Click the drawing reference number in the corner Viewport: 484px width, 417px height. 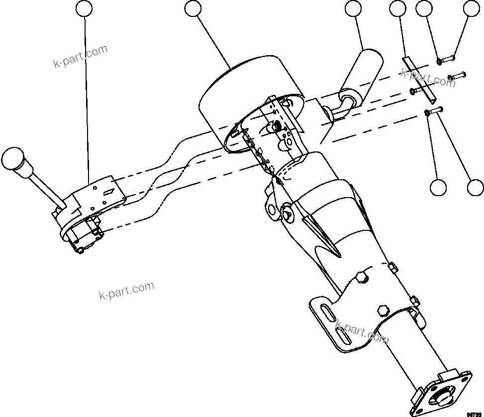click(x=474, y=413)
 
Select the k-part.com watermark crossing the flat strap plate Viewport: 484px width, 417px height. click(x=427, y=77)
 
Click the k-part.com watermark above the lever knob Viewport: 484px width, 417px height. click(x=80, y=57)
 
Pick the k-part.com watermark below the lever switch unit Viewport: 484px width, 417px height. click(x=126, y=291)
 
